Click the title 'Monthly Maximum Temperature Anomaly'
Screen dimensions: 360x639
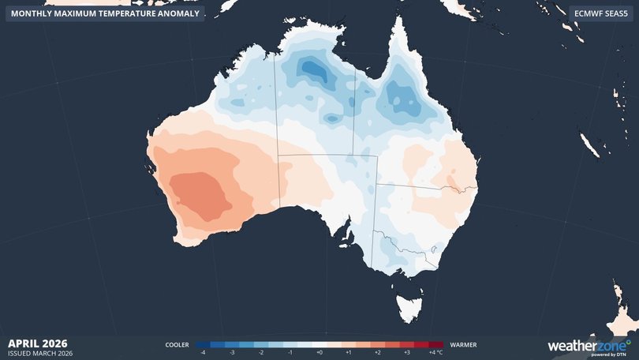tap(104, 13)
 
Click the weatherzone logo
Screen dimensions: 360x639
tap(589, 346)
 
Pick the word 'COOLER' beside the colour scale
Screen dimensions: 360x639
tap(177, 345)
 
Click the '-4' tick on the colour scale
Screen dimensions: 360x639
tap(204, 353)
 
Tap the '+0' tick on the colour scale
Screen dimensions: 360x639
tap(319, 353)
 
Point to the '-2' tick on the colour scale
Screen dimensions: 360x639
tap(262, 353)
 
